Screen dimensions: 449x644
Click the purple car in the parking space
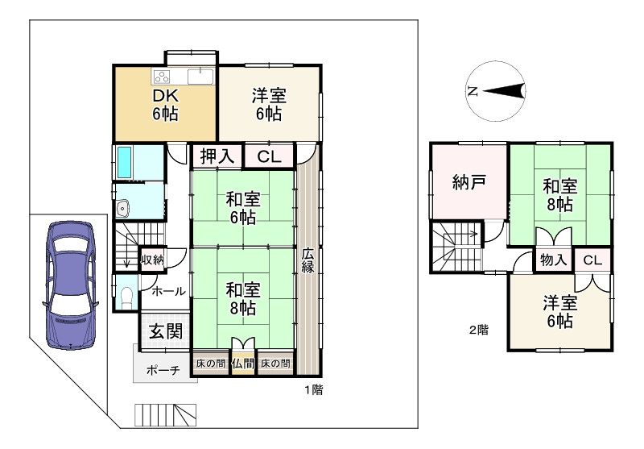coord(71,284)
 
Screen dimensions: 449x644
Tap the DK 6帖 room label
coord(165,104)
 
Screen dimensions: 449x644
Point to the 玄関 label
coord(165,331)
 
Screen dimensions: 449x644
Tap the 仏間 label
coord(243,364)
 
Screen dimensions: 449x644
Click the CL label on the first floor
coord(268,156)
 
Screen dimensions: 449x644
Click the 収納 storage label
coord(153,260)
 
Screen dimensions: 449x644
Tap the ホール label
coord(168,291)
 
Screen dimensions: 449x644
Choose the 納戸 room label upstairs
coord(468,181)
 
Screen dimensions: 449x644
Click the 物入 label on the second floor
coord(552,260)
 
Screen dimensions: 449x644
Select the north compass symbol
coord(497,90)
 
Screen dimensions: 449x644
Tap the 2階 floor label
coord(478,330)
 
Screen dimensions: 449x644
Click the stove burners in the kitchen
coord(162,77)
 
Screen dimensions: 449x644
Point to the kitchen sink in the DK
coord(200,77)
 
